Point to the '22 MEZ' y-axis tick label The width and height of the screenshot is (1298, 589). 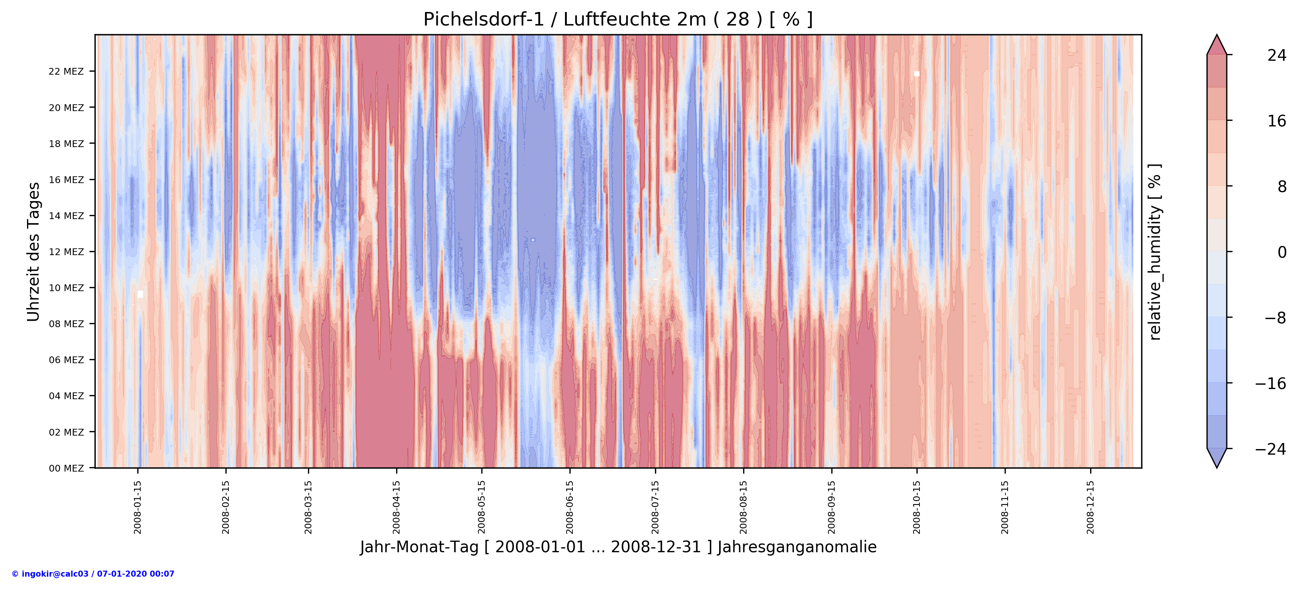tap(66, 72)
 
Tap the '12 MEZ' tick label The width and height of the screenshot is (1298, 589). tap(66, 252)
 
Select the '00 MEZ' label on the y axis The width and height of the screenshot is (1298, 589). tap(66, 468)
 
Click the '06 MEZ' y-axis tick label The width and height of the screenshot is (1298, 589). tap(66, 360)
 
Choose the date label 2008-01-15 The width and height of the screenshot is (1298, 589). tap(138, 507)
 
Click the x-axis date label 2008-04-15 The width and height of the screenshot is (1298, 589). tap(397, 507)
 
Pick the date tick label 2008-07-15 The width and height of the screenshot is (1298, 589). tap(655, 507)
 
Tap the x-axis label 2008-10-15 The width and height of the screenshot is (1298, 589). tap(916, 507)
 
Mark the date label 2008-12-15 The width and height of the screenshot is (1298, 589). tap(1091, 507)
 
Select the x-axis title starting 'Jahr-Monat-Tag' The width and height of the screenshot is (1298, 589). tap(618, 547)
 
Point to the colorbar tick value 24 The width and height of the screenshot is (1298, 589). tap(1276, 56)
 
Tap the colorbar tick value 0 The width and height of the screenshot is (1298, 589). tap(1281, 252)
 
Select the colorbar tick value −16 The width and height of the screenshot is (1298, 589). tap(1270, 383)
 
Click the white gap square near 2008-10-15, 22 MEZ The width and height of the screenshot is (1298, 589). tap(916, 74)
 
